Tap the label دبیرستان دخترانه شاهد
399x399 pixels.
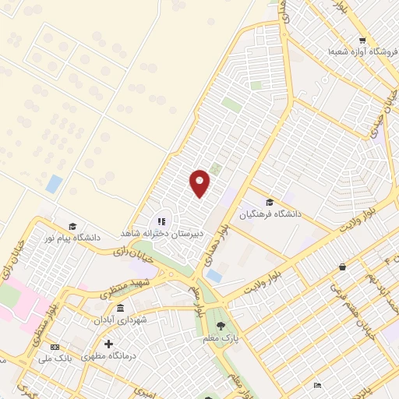point(161,233)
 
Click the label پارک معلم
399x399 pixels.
point(221,337)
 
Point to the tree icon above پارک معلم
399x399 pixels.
point(221,325)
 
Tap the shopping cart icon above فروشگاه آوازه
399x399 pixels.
point(362,41)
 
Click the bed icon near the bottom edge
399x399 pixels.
point(317,384)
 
